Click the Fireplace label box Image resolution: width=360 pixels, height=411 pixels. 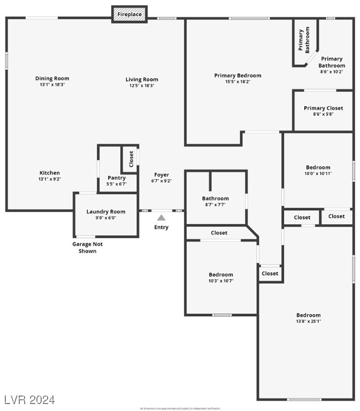click(x=129, y=14)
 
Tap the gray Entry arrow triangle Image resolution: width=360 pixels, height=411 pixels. click(x=161, y=217)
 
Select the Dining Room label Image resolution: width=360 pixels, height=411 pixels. click(x=52, y=79)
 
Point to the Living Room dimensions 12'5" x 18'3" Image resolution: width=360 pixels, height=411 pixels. click(x=142, y=86)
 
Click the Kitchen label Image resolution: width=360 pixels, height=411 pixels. click(x=49, y=173)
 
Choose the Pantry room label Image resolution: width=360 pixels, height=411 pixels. click(x=117, y=178)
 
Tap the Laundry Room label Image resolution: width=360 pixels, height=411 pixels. click(x=106, y=212)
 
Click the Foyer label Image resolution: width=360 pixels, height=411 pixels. click(x=162, y=175)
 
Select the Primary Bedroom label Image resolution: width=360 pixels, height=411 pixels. click(x=238, y=75)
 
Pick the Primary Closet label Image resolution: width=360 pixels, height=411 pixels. click(x=323, y=108)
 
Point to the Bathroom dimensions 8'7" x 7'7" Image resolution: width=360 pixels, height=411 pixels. click(x=215, y=204)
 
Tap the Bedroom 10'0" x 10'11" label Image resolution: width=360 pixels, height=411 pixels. click(x=318, y=168)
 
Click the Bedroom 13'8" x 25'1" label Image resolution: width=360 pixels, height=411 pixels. click(x=309, y=315)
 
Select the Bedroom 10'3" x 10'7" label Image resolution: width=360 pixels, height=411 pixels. click(x=221, y=275)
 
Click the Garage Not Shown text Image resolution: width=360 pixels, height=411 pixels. click(x=87, y=247)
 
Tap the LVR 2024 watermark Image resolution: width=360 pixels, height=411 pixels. click(x=29, y=399)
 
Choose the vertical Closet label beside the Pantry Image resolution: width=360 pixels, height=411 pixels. click(x=131, y=159)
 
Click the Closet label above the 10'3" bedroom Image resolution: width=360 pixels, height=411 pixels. click(x=219, y=233)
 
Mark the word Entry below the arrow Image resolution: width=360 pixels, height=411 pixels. click(x=161, y=227)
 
